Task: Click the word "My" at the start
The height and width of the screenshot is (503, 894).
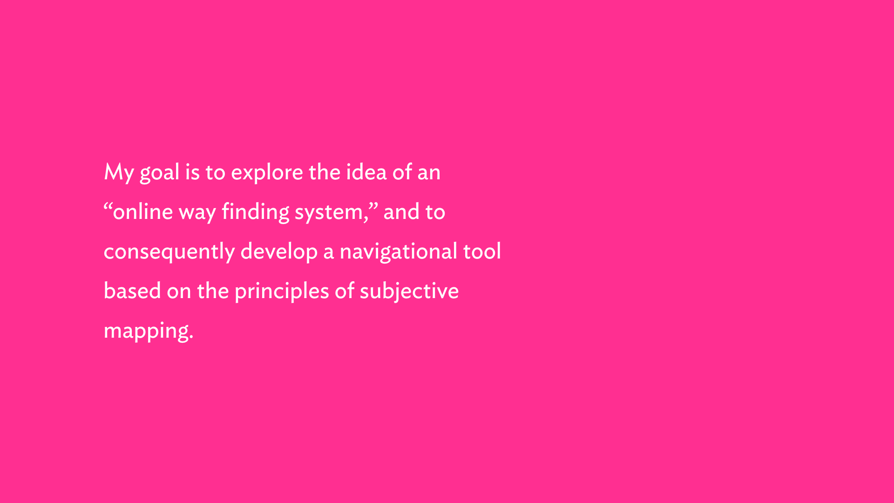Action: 119,173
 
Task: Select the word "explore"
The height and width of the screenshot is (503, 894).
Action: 267,173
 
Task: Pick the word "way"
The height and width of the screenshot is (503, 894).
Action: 197,214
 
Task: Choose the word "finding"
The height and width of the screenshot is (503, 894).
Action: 256,212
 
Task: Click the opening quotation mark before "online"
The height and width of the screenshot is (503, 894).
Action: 108,205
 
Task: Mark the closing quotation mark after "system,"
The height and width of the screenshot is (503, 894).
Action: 373,205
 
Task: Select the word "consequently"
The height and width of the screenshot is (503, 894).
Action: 169,252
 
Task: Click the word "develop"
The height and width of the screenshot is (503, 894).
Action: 279,252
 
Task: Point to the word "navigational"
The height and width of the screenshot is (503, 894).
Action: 399,252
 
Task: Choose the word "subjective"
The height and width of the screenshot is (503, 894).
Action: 409,292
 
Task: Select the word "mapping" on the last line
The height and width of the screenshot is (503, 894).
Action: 146,331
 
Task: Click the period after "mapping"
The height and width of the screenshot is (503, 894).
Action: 191,338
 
